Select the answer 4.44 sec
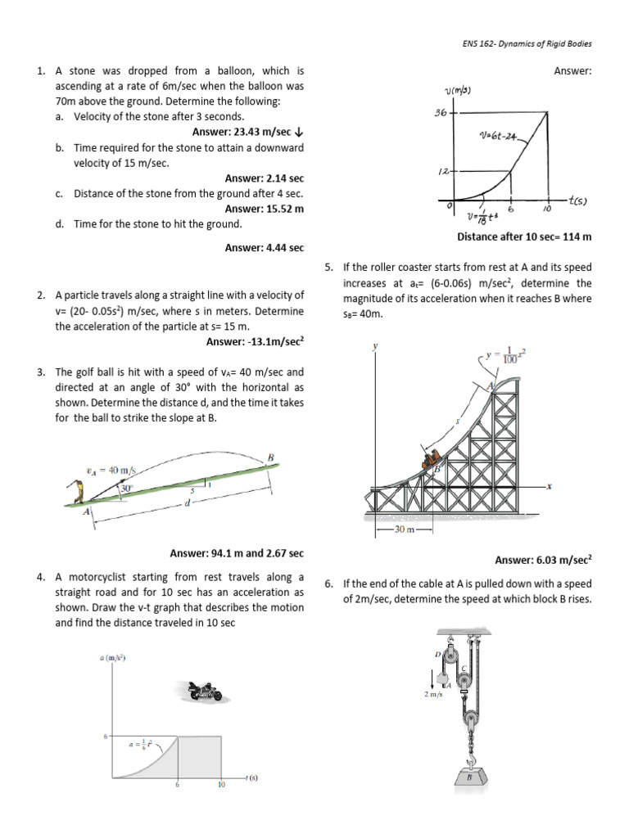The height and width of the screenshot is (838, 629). pyautogui.click(x=264, y=247)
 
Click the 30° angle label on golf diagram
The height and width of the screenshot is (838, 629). pyautogui.click(x=126, y=489)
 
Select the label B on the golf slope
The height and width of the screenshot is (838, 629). pyautogui.click(x=269, y=456)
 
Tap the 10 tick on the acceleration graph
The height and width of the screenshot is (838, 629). pyautogui.click(x=220, y=785)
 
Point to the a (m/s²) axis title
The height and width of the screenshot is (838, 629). pyautogui.click(x=113, y=658)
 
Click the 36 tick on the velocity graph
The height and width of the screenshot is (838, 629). pyautogui.click(x=441, y=112)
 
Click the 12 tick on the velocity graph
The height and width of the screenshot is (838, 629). pyautogui.click(x=442, y=172)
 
